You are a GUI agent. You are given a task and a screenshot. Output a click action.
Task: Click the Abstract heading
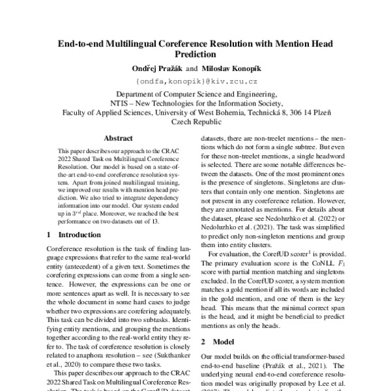(x=118, y=138)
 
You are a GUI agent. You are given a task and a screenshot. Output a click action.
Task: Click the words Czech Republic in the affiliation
(x=195, y=121)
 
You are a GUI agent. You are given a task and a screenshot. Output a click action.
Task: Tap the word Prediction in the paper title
(x=195, y=55)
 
